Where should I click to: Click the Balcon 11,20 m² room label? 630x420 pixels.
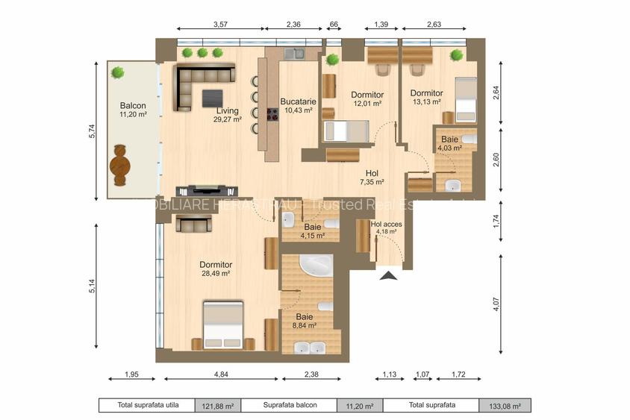(x=132, y=110)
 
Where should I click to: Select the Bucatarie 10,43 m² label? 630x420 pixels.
(x=296, y=105)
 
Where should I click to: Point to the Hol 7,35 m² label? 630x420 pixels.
(x=371, y=177)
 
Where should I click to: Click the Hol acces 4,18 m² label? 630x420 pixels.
(x=386, y=227)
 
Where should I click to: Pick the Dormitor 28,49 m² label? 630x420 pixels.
(x=216, y=269)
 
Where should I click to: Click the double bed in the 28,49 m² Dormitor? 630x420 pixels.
(x=223, y=325)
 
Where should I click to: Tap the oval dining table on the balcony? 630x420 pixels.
(x=119, y=165)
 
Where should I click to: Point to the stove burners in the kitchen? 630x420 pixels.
(x=272, y=114)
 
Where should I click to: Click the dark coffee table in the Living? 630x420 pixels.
(x=212, y=97)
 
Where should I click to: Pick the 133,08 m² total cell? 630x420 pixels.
(x=505, y=406)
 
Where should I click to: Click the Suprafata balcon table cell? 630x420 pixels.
(x=290, y=406)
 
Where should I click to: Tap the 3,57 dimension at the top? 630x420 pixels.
(x=220, y=25)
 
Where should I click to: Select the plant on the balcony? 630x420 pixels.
(x=117, y=72)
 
